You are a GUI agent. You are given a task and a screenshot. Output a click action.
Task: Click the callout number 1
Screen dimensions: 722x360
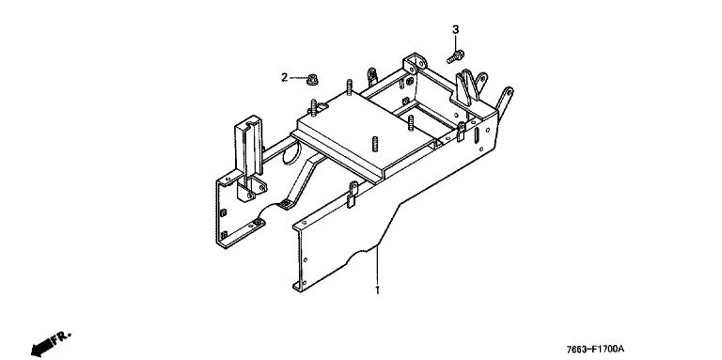click(377, 290)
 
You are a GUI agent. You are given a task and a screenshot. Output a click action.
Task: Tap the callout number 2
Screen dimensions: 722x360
click(285, 77)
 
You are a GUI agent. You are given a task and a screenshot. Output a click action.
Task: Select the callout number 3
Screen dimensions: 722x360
click(455, 30)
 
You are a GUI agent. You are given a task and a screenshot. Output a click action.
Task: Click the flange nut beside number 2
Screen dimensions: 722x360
click(313, 80)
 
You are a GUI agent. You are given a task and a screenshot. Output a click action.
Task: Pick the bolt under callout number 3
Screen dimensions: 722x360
click(455, 56)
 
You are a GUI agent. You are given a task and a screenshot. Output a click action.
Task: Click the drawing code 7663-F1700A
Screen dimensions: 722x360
click(598, 351)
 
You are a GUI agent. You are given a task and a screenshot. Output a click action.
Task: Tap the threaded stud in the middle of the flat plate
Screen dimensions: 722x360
click(374, 143)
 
